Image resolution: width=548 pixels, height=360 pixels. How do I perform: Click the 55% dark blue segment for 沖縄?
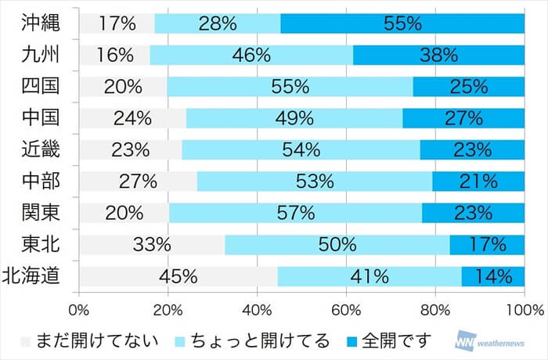click(402, 23)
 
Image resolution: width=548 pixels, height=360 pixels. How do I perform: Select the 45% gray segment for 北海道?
click(178, 276)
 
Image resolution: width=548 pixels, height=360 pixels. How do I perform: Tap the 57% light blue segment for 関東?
click(296, 213)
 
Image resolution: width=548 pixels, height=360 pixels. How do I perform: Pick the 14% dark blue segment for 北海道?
click(493, 276)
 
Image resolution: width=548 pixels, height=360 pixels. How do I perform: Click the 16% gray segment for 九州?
click(114, 55)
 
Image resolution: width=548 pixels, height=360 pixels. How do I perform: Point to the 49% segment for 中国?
click(294, 118)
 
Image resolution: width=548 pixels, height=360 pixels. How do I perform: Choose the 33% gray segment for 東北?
click(152, 244)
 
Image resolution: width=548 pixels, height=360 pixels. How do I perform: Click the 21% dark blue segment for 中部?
click(478, 182)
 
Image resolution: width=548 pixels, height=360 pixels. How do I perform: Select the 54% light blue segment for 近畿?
click(301, 149)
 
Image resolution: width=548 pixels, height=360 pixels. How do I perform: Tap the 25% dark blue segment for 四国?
click(468, 87)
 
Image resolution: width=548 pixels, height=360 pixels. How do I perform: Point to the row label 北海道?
click(34, 275)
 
